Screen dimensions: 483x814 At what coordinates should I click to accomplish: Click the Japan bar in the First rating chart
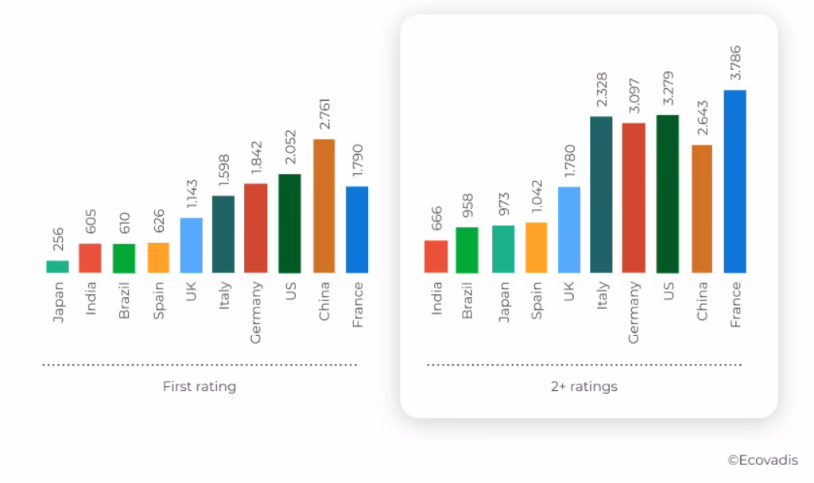tap(57, 267)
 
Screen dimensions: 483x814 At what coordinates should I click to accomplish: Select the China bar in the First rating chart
tap(324, 207)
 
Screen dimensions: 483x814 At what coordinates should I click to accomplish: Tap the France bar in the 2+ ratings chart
tap(735, 182)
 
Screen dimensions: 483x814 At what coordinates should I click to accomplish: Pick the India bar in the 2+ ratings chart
tap(436, 257)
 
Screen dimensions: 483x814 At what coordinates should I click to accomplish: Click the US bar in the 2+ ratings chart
tap(668, 195)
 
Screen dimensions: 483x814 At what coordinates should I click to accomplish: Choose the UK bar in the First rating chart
tap(191, 245)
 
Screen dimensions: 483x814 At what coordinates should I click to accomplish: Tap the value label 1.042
tap(537, 199)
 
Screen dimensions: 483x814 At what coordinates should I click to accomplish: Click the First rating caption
tap(200, 387)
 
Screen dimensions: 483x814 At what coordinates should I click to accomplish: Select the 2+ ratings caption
tap(584, 387)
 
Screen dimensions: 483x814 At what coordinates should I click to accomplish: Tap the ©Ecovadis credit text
tap(762, 459)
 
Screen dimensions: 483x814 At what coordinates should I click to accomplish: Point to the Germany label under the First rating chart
tap(256, 312)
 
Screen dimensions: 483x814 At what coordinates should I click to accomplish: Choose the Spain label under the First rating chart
tap(158, 300)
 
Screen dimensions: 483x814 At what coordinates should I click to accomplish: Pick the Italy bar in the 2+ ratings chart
tap(601, 195)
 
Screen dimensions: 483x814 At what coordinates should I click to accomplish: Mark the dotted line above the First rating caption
tap(200, 365)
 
